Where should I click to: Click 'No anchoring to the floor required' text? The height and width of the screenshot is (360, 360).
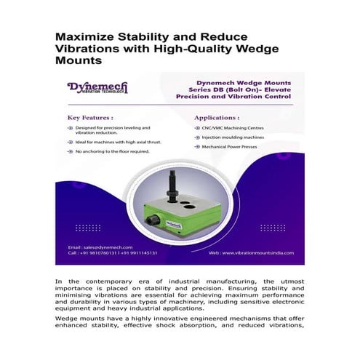click(x=112, y=151)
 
